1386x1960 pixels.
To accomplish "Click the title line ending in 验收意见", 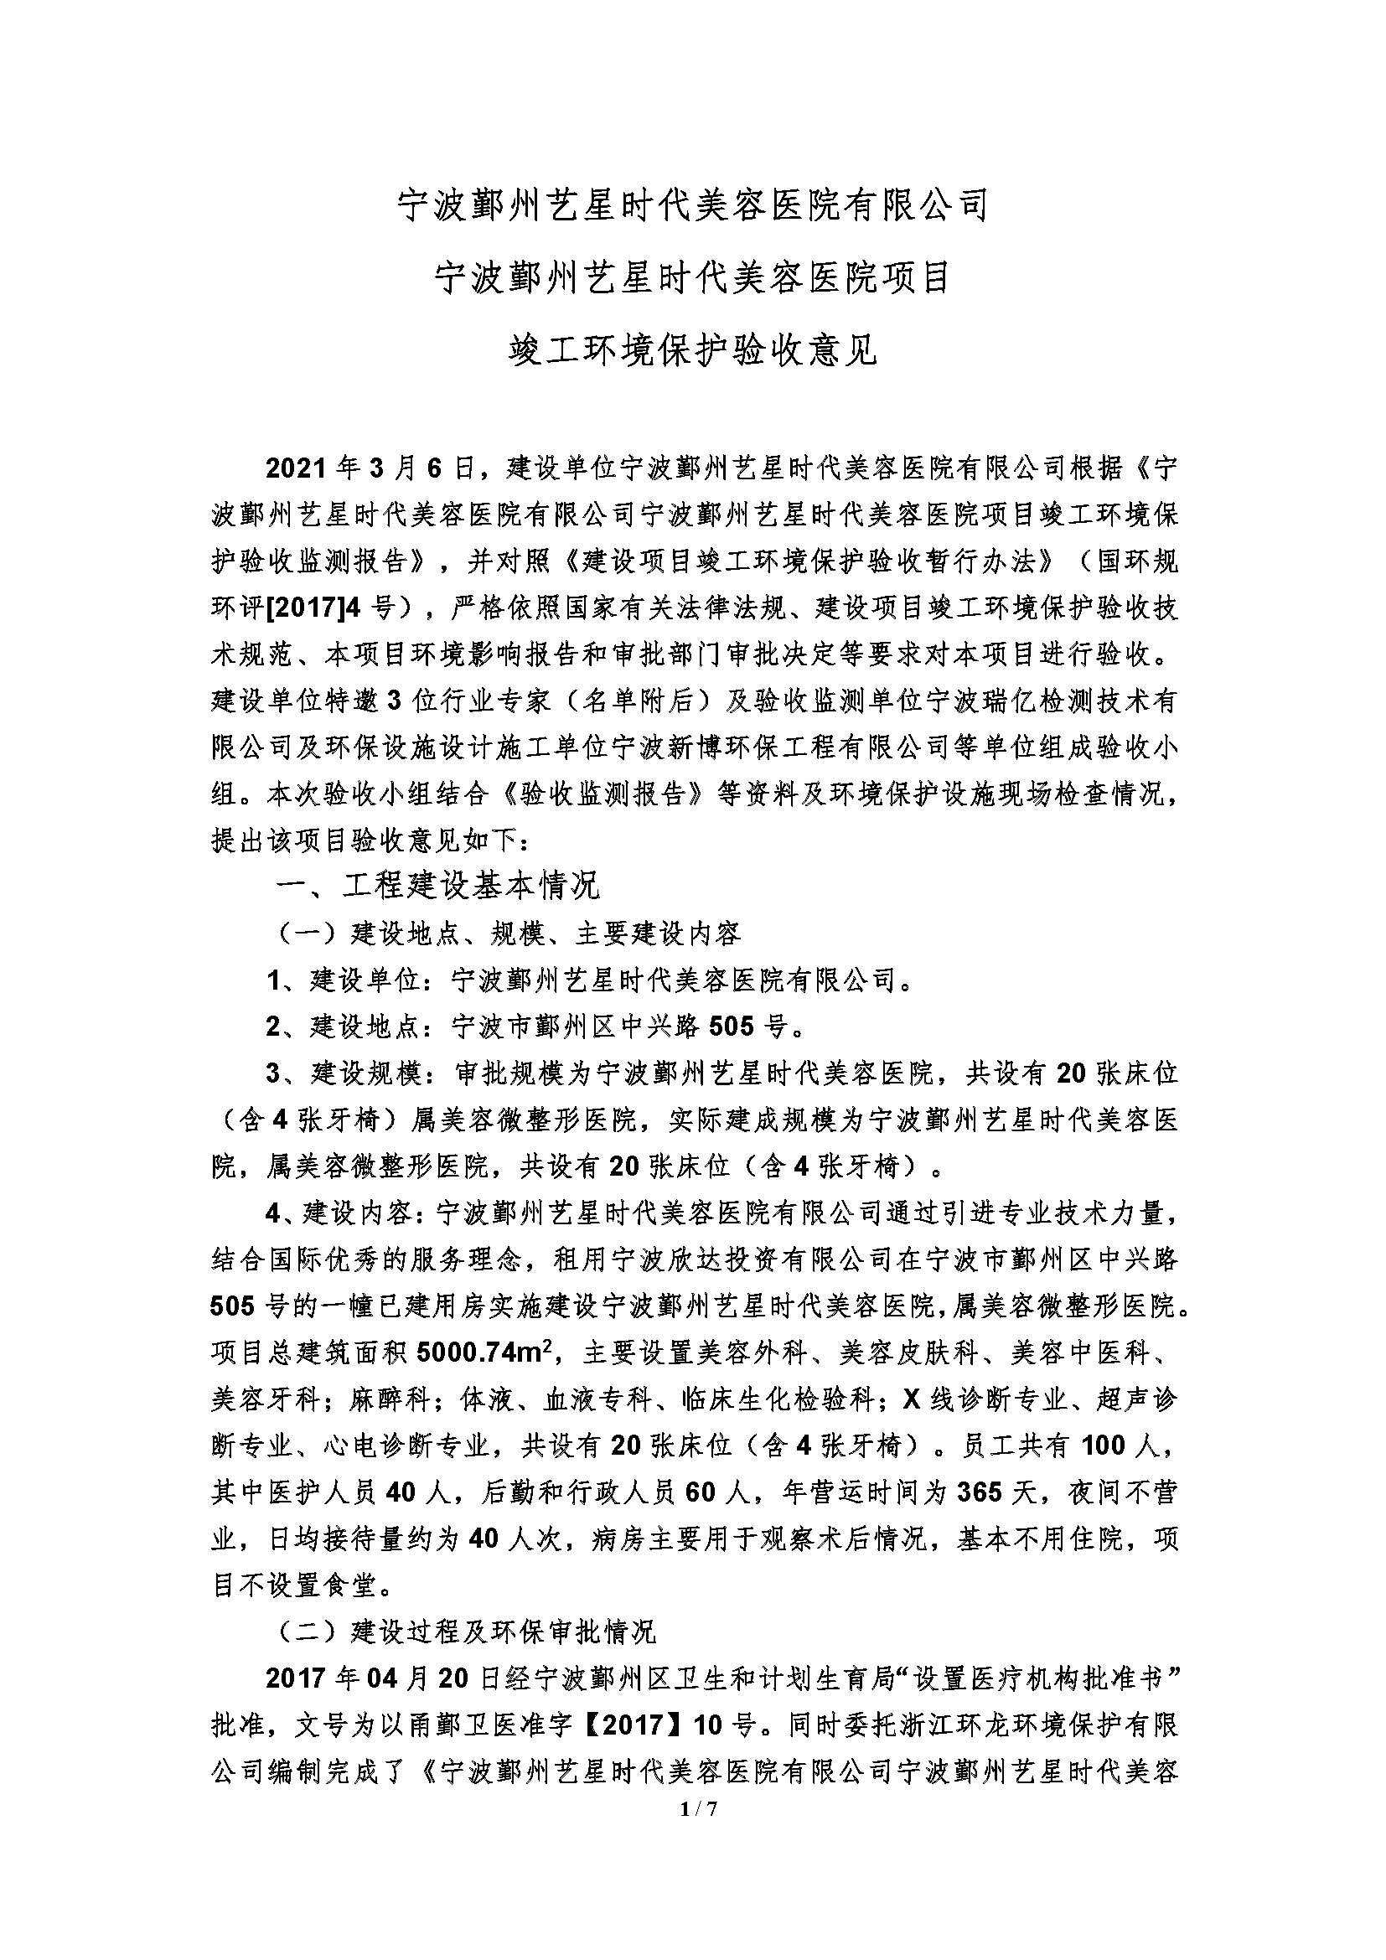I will point(692,349).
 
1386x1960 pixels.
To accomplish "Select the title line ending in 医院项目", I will point(692,277).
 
